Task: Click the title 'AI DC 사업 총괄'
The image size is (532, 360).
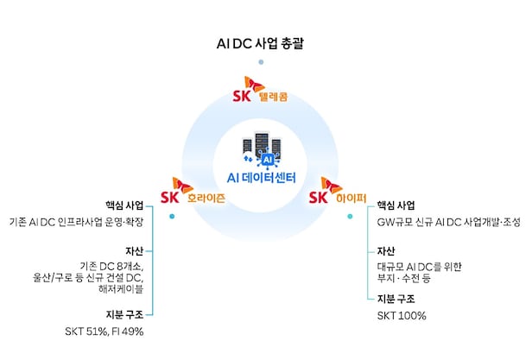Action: [260, 44]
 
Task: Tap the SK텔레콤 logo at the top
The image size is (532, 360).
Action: [260, 90]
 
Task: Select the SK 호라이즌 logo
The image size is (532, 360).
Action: [193, 191]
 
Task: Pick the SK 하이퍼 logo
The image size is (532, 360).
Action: [338, 191]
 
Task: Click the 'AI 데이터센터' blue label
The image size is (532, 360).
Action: [261, 178]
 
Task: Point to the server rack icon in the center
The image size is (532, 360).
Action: [262, 149]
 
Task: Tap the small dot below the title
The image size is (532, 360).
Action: [261, 62]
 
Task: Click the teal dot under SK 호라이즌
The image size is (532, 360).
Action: [172, 216]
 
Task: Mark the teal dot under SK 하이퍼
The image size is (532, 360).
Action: [350, 216]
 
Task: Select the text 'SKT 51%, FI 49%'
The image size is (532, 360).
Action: [104, 332]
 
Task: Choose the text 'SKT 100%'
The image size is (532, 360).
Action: [402, 316]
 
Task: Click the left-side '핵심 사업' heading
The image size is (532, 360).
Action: [124, 205]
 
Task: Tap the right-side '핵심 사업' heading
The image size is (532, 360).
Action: [396, 205]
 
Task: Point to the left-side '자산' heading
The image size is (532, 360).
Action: [135, 250]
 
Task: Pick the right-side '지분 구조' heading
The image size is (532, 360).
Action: [396, 299]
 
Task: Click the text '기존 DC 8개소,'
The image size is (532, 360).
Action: [111, 267]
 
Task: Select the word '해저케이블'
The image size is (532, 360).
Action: [121, 289]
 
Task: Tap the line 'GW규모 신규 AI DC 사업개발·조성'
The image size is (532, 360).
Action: [448, 222]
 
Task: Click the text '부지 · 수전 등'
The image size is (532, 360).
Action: [404, 278]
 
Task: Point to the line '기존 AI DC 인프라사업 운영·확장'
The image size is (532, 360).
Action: [76, 222]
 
